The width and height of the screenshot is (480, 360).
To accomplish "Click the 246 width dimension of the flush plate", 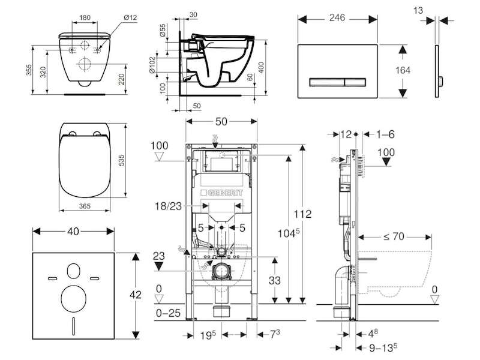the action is point(337,18).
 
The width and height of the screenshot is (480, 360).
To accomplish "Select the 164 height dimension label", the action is point(403,70).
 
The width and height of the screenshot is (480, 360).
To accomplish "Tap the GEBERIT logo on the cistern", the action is point(222,193).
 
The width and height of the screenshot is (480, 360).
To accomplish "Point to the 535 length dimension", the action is point(121,160).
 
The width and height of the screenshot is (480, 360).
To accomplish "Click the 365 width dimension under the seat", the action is point(85,206).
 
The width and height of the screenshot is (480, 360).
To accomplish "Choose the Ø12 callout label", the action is point(130,17).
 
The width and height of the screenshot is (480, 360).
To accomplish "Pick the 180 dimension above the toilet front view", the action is point(85,17).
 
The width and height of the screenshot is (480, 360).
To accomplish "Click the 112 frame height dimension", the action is point(302,214).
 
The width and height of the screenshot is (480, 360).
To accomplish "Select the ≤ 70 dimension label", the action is point(394,236).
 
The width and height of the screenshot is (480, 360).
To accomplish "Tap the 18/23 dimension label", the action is point(169,206).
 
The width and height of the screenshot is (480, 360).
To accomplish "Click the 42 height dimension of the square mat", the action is point(136,295).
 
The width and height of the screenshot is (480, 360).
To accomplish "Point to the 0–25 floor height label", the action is point(168,313).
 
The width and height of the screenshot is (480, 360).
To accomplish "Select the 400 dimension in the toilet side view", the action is point(262,68).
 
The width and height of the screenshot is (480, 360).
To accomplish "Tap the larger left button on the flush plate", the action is point(327,82).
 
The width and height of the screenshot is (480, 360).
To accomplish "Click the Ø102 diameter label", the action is point(152,65).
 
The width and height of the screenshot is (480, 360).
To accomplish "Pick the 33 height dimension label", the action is point(275,280).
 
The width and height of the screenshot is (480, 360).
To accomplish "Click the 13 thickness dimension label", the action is point(418,10).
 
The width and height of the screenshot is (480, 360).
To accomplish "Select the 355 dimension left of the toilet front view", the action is point(29,70).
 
